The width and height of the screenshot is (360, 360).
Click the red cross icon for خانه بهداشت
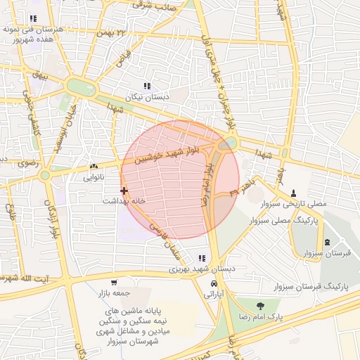(124, 191)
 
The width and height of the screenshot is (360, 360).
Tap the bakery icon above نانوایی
(94, 167)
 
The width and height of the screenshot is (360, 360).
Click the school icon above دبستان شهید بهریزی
(202, 259)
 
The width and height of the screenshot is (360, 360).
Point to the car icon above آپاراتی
(213, 284)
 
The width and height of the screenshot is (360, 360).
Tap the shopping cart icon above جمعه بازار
(114, 282)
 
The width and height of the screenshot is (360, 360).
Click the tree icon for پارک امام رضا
(261, 306)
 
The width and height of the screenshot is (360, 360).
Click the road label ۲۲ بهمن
(115, 33)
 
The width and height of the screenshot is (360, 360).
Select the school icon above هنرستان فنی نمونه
(32, 18)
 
